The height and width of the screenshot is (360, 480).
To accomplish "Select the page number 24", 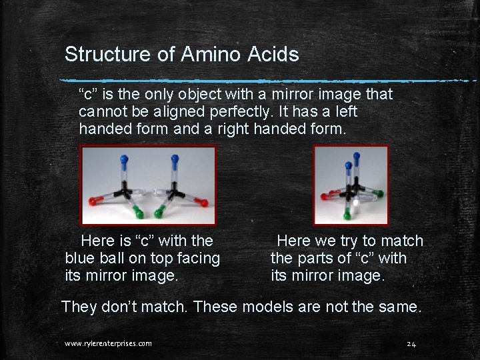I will [411, 344].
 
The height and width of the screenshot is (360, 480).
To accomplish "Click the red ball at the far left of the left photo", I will [92, 201].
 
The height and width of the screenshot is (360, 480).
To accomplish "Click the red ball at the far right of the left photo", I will [205, 202].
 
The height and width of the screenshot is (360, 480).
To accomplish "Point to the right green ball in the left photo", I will [161, 214].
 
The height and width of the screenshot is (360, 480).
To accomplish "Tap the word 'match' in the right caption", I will [402, 241].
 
